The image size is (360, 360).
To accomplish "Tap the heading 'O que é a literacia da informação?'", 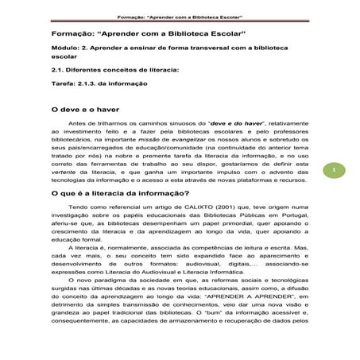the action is pyautogui.click(x=118, y=193).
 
